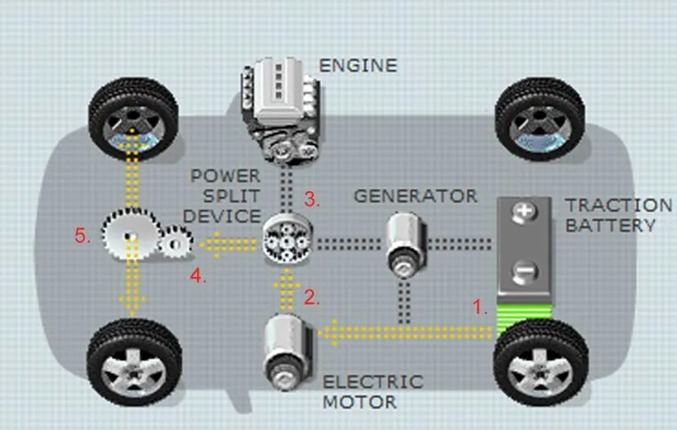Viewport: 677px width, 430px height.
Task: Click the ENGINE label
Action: tap(358, 66)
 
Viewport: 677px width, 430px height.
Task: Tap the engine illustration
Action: tap(281, 111)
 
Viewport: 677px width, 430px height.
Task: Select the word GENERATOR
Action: tap(415, 196)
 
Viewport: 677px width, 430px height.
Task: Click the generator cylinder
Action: tap(406, 245)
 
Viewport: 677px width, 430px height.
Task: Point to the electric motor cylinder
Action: tap(287, 352)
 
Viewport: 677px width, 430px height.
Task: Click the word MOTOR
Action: tap(360, 402)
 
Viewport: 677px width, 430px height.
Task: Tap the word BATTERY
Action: tap(610, 226)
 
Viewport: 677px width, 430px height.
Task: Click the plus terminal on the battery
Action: tap(525, 213)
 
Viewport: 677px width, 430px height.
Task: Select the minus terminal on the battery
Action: tap(525, 272)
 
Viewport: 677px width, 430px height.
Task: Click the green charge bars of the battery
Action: tap(525, 319)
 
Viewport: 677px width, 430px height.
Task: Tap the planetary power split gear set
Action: tap(287, 237)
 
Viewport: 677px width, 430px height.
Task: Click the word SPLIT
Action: tap(231, 196)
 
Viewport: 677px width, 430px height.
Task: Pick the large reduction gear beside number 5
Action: tap(130, 234)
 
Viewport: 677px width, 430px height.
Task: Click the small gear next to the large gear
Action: tap(175, 243)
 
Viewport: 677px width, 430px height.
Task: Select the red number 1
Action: tap(479, 307)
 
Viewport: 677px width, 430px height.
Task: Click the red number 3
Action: tap(311, 199)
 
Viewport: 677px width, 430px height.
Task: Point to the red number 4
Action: tap(198, 275)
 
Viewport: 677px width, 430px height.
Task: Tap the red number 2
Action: tap(311, 297)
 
